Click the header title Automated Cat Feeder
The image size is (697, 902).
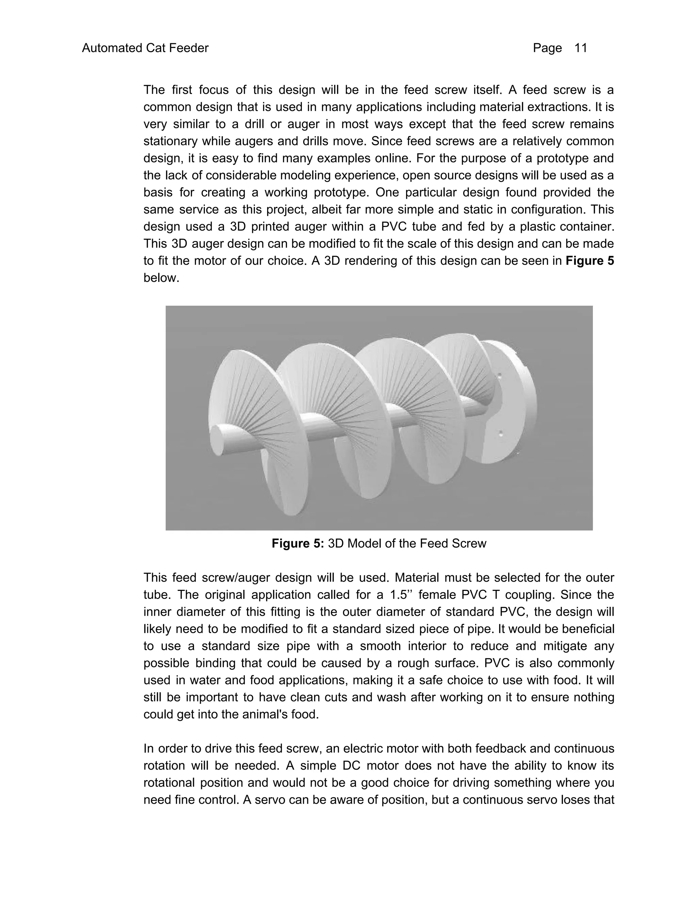pos(145,48)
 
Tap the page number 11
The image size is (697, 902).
pos(581,48)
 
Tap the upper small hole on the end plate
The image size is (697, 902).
pos(500,376)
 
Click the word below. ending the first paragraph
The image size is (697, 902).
pos(161,278)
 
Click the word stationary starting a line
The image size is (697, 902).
pos(171,141)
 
